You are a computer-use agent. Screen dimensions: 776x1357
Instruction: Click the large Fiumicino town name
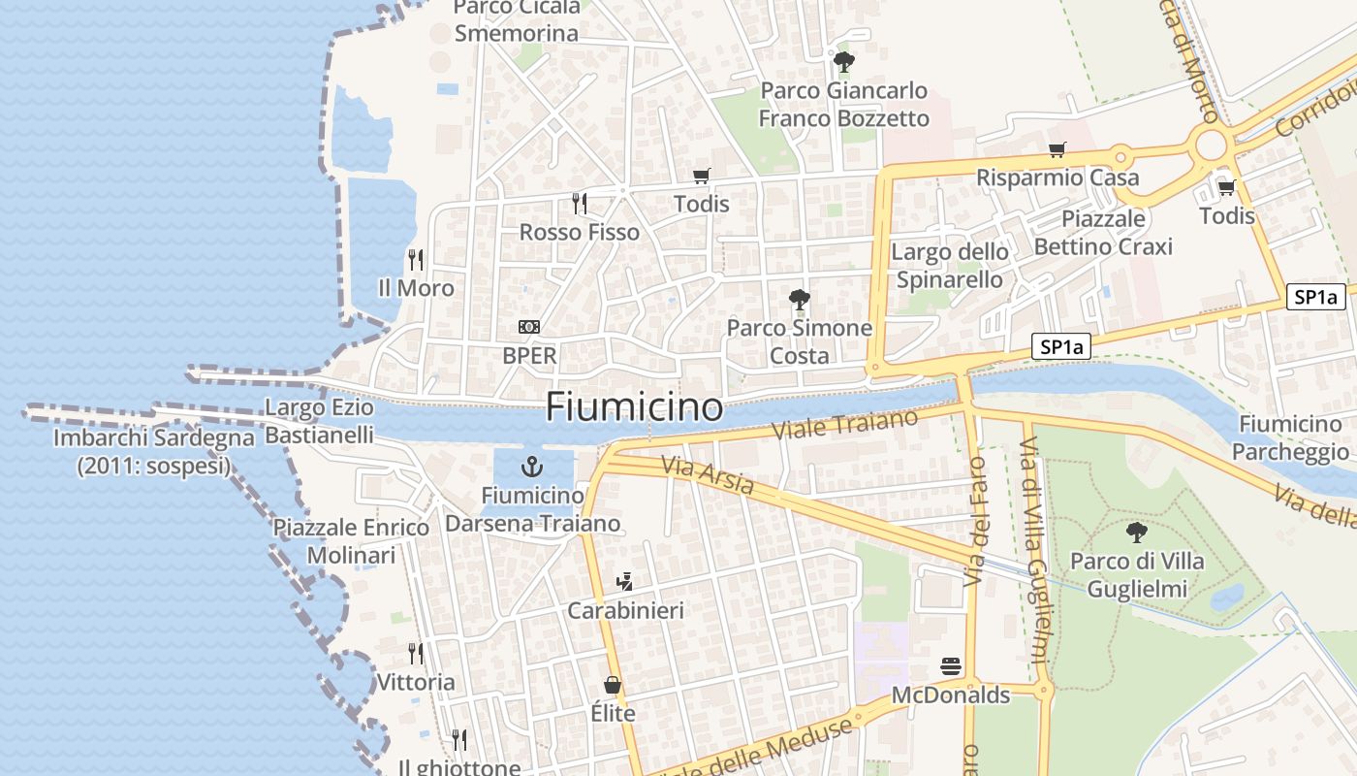(x=634, y=406)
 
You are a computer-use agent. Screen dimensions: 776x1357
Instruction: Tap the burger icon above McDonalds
(x=951, y=666)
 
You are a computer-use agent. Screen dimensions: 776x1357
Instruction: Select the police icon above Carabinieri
(x=625, y=582)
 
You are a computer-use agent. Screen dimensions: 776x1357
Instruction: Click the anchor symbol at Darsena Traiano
(x=531, y=467)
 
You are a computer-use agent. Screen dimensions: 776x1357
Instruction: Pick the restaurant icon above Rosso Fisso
(x=580, y=203)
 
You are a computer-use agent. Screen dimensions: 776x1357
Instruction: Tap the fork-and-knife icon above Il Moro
(x=416, y=259)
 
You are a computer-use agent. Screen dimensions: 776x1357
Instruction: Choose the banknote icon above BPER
(x=529, y=327)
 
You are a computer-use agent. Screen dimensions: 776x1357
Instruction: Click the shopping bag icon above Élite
(x=613, y=685)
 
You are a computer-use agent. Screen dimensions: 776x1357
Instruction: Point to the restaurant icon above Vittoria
(x=416, y=653)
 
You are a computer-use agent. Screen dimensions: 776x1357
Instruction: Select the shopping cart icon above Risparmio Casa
(x=1057, y=149)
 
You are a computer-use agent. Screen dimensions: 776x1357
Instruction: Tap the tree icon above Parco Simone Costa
(x=800, y=299)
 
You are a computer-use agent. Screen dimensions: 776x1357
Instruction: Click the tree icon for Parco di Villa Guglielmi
(x=1137, y=532)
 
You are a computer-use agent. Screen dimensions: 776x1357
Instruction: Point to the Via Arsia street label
(x=708, y=475)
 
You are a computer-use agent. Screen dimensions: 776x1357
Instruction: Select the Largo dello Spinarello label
(x=950, y=266)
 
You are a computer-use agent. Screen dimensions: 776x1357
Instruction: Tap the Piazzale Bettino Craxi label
(x=1103, y=233)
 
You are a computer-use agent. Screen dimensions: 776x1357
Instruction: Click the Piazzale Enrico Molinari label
(x=351, y=541)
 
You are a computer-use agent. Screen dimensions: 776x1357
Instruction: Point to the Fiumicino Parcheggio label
(x=1291, y=437)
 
